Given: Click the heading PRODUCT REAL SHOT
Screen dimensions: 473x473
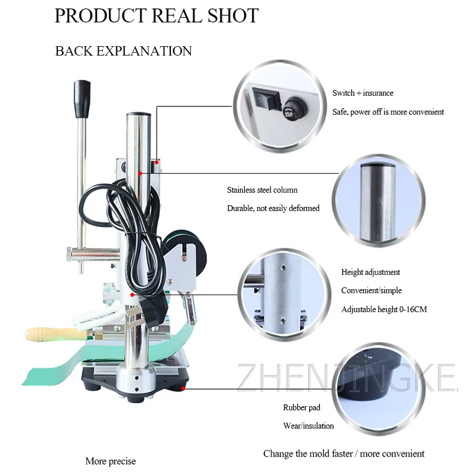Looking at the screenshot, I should pyautogui.click(x=157, y=15).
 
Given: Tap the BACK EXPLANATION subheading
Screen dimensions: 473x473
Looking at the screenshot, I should pyautogui.click(x=124, y=51).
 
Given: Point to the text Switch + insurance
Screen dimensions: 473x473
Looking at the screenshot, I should pyautogui.click(x=362, y=93).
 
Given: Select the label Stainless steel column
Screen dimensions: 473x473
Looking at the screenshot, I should pyautogui.click(x=262, y=190).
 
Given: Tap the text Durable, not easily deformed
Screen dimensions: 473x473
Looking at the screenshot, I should pyautogui.click(x=273, y=208).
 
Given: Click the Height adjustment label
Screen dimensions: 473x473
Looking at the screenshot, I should pyautogui.click(x=370, y=272).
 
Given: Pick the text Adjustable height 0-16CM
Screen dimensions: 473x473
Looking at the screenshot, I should pyautogui.click(x=383, y=309).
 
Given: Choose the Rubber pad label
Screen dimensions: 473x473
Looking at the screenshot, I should pyautogui.click(x=301, y=407).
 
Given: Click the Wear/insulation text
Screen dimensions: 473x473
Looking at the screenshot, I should pyautogui.click(x=308, y=426).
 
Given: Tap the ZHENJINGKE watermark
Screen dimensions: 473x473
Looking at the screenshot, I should pyautogui.click(x=347, y=378).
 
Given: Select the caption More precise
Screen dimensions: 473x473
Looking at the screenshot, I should pyautogui.click(x=111, y=461).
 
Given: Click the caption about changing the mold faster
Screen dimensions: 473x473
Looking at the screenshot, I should pyautogui.click(x=344, y=453).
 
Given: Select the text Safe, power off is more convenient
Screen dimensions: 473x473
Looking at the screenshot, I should pyautogui.click(x=388, y=112).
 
